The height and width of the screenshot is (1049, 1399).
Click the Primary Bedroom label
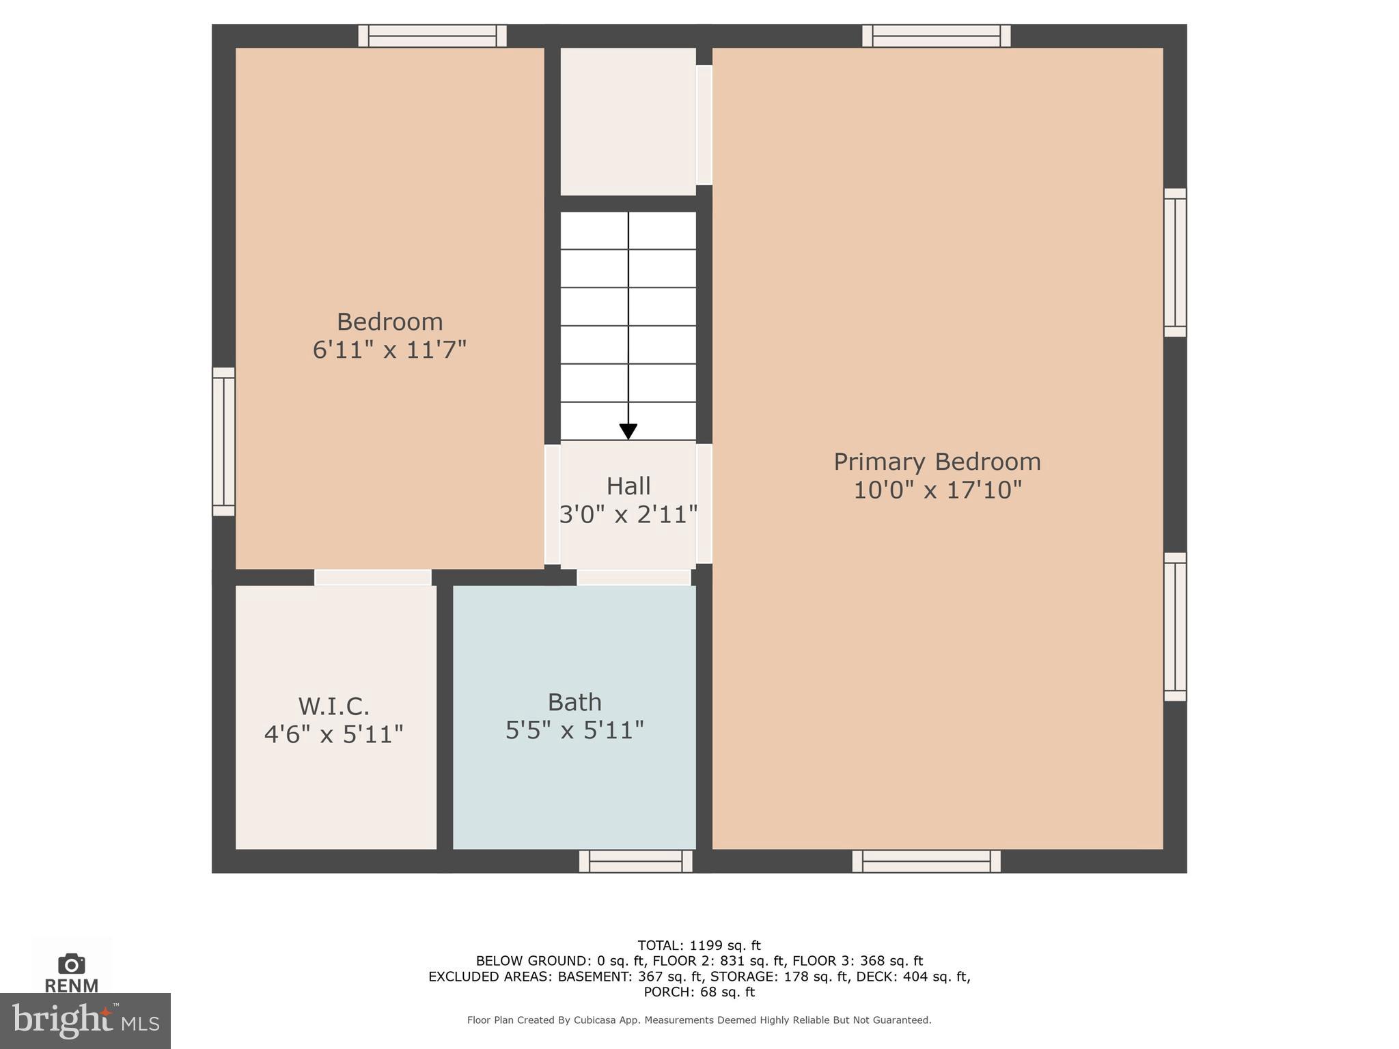click(x=937, y=462)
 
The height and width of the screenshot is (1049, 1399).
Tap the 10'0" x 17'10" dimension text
click(x=937, y=490)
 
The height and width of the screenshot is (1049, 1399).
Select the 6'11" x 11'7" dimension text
click(x=389, y=350)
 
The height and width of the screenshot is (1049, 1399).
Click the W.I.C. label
click(x=333, y=705)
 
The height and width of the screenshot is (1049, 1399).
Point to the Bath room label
click(x=574, y=702)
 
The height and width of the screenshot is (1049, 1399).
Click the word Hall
click(x=628, y=486)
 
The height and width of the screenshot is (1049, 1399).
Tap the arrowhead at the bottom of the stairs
click(x=628, y=432)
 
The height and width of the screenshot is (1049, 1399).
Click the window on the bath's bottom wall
click(x=635, y=861)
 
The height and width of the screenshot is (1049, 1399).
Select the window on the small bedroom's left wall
click(x=223, y=441)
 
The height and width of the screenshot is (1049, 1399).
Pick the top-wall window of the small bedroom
click(x=432, y=36)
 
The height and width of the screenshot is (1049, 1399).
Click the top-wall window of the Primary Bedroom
click(x=936, y=36)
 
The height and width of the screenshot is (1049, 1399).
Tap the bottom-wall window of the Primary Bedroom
click(x=926, y=861)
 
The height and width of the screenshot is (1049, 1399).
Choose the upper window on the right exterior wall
click(x=1175, y=263)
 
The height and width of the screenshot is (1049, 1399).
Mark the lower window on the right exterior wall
click(x=1175, y=627)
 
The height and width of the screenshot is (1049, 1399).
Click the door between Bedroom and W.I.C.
click(x=372, y=578)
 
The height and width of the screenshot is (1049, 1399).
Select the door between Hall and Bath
click(x=634, y=578)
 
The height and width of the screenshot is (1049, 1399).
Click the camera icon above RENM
click(x=71, y=964)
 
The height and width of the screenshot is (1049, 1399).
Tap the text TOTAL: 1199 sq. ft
click(x=699, y=945)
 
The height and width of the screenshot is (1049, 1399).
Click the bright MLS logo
click(x=85, y=1020)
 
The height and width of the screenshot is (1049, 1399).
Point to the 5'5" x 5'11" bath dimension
click(x=574, y=731)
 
